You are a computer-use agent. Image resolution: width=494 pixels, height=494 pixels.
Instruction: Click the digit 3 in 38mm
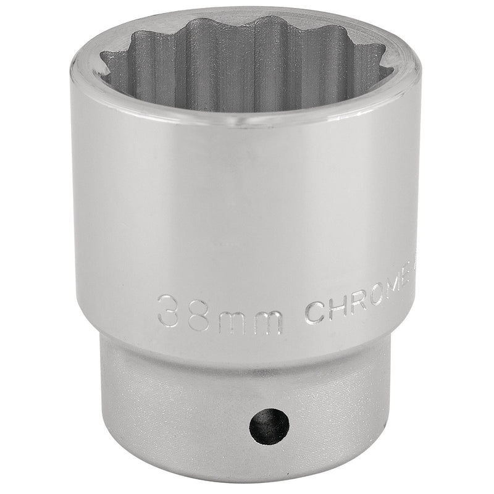pyautogui.click(x=171, y=309)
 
